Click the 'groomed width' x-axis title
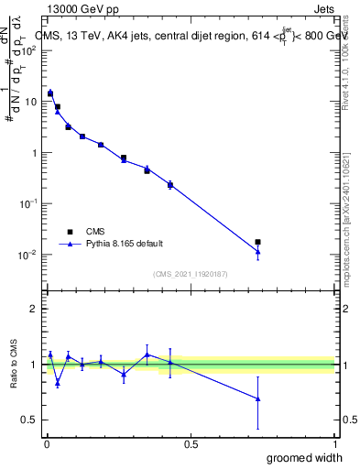tap(307, 458)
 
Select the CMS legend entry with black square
tap(102, 231)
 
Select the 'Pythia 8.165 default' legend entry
tap(125, 244)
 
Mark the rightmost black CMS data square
tap(258, 242)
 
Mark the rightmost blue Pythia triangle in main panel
tap(258, 252)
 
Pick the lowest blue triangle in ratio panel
tap(258, 398)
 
